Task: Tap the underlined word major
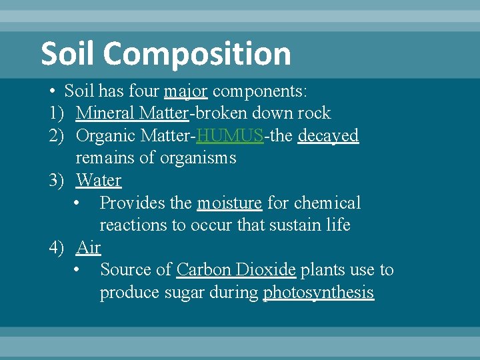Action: click(x=186, y=91)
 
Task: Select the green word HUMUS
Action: click(x=230, y=136)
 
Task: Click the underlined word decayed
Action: click(x=328, y=136)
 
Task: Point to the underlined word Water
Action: click(x=99, y=181)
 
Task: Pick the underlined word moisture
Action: click(x=229, y=203)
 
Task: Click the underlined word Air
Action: click(x=88, y=248)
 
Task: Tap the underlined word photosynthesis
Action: click(x=319, y=293)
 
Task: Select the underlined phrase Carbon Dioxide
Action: click(x=236, y=270)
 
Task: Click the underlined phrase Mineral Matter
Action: click(x=133, y=113)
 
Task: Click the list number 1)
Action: click(x=57, y=113)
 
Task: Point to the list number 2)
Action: click(x=57, y=136)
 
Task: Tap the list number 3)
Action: click(x=57, y=181)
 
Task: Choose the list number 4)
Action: click(x=57, y=248)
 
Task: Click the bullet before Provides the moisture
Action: click(x=79, y=203)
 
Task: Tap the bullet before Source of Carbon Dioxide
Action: click(x=79, y=270)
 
